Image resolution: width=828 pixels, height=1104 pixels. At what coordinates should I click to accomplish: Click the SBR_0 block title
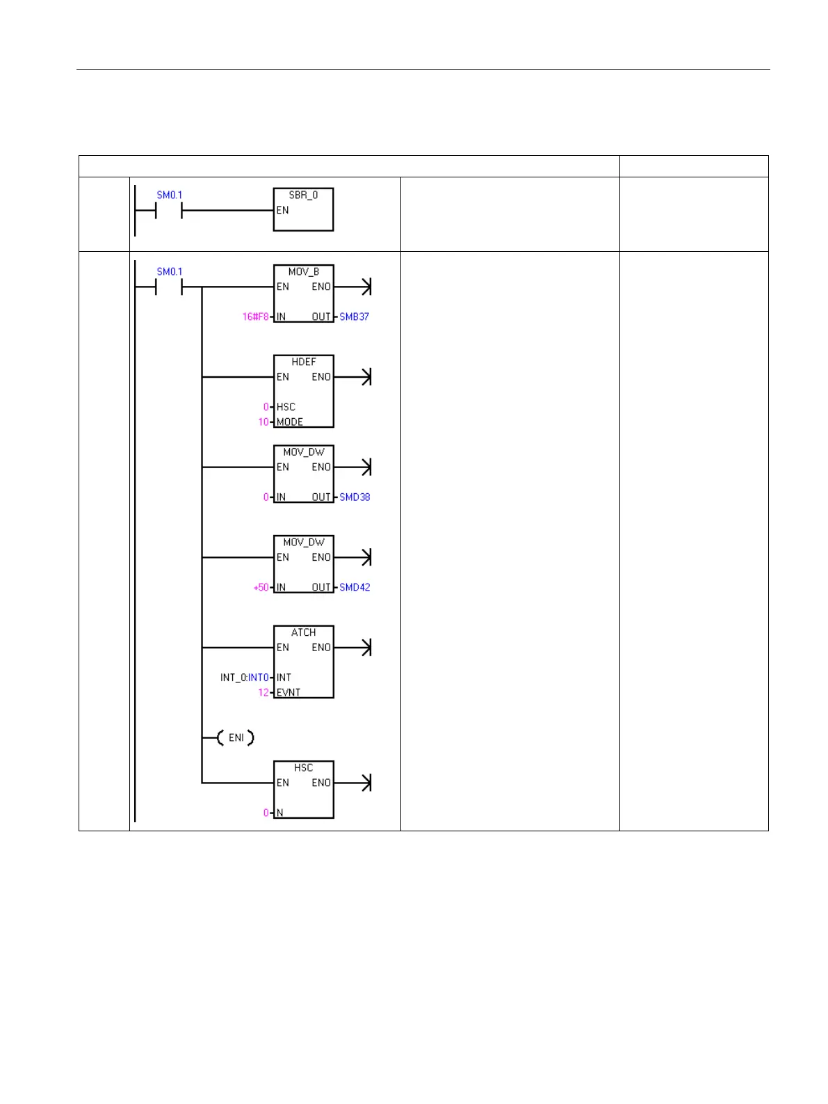(303, 195)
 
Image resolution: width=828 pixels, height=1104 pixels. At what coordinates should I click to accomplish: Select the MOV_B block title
(303, 272)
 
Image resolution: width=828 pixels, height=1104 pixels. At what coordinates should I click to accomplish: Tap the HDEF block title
(303, 362)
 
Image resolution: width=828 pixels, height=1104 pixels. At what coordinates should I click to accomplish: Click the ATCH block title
(303, 632)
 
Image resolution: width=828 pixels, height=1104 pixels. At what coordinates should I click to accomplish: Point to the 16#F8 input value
(255, 317)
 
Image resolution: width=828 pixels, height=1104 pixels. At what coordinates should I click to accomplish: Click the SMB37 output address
(354, 317)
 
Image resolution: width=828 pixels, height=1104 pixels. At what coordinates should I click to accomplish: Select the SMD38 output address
(355, 497)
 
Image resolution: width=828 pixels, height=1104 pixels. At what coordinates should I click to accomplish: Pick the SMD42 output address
(355, 587)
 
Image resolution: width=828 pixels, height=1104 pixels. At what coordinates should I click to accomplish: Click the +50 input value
(261, 587)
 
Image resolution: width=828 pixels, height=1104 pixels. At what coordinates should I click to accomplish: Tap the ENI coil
(236, 737)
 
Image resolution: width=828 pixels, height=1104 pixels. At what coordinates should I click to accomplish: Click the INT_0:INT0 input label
(244, 678)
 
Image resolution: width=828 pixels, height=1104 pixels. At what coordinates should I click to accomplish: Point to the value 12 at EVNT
(263, 693)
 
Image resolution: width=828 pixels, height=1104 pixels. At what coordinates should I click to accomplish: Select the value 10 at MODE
(263, 422)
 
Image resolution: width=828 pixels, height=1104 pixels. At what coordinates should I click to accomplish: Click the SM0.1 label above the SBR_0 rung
(169, 195)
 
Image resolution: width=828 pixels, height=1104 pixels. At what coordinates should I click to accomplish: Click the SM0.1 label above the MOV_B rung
(169, 272)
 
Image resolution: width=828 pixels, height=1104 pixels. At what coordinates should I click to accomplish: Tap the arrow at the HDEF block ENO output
(365, 377)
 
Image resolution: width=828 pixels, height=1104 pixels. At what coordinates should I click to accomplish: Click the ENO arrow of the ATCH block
(365, 648)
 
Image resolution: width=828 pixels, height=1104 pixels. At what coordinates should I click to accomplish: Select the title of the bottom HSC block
(303, 768)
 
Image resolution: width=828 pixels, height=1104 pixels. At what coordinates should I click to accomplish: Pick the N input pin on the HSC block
(280, 813)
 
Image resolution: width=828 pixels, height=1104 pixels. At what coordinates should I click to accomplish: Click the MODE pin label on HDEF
(289, 422)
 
